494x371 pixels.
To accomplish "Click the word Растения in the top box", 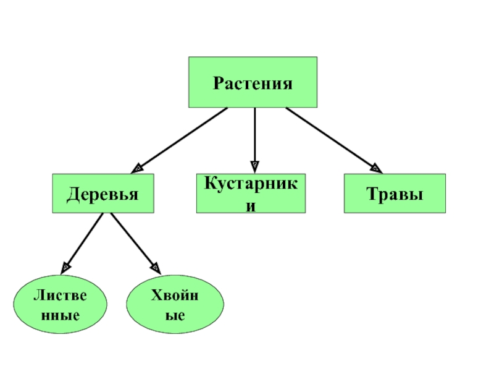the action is click(x=253, y=83).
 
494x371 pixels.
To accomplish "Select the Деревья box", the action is click(x=103, y=194).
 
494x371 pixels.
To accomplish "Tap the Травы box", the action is click(x=395, y=194).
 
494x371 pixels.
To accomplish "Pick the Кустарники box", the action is click(x=250, y=194).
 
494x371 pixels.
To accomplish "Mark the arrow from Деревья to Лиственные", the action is click(x=83, y=242).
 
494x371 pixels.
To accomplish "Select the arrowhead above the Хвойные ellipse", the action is click(x=156, y=268).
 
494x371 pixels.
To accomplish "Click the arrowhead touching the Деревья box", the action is click(x=138, y=167).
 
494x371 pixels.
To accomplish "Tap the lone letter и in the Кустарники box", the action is click(x=250, y=204).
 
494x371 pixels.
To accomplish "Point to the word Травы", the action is click(x=395, y=194).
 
